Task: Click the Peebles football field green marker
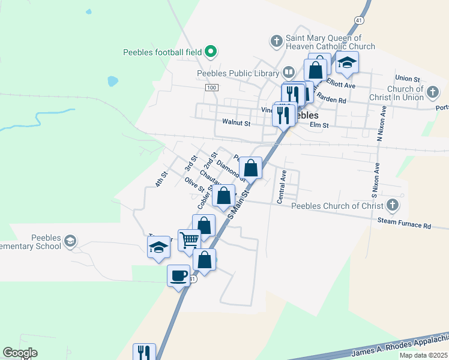click(211, 52)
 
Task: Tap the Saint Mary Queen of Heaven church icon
click(276, 41)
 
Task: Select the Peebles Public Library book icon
click(289, 73)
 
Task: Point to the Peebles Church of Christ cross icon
click(393, 206)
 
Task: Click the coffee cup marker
click(178, 275)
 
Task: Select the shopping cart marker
click(189, 240)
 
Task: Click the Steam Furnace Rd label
click(404, 224)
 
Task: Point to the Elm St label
click(319, 125)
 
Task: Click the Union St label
click(407, 79)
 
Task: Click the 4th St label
click(160, 179)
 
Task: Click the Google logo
click(20, 353)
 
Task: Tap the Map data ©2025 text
click(423, 355)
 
